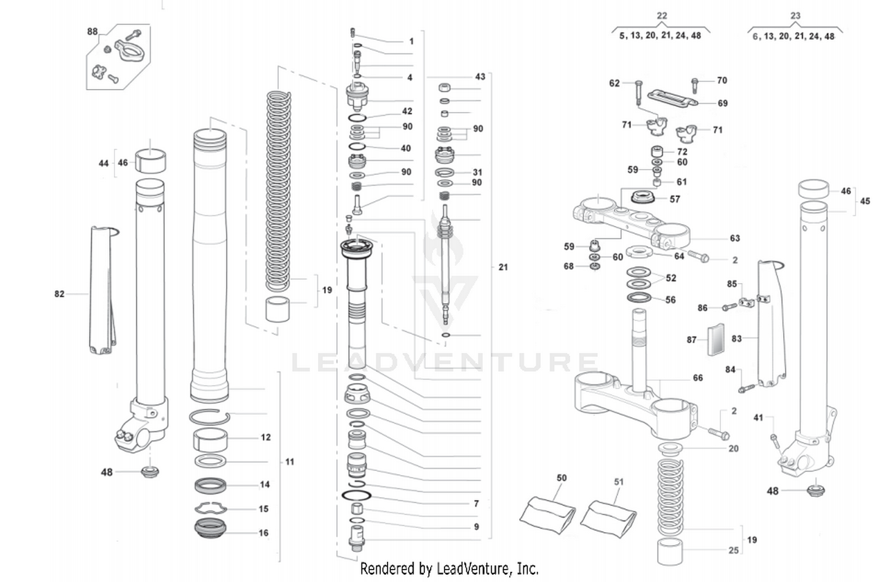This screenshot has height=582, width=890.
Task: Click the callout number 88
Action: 93,31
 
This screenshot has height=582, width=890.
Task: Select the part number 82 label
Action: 59,294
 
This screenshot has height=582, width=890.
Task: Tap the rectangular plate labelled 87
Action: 717,339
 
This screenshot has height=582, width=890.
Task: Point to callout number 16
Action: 263,533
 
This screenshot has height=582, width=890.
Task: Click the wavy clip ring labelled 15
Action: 211,508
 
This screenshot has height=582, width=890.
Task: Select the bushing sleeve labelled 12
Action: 211,440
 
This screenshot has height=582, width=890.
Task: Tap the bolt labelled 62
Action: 638,93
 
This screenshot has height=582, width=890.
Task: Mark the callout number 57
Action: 675,199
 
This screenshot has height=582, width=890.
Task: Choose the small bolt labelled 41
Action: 774,439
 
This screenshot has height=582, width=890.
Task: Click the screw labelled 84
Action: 746,389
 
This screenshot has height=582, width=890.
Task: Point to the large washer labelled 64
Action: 640,252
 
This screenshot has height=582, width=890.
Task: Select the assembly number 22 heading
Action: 662,16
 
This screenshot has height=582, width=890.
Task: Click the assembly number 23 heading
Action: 795,16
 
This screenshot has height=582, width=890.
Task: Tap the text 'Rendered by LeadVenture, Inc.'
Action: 449,569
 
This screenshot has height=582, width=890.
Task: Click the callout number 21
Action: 503,267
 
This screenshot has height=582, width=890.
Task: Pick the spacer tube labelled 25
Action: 670,552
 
